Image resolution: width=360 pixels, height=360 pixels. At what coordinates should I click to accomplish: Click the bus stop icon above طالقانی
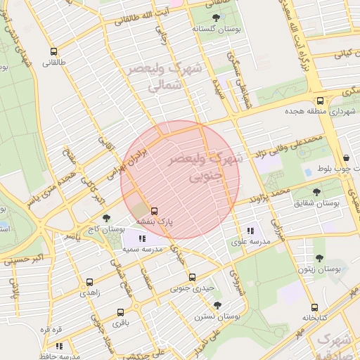(x=54, y=51)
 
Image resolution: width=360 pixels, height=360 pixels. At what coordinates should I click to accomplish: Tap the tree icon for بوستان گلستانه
(x=214, y=19)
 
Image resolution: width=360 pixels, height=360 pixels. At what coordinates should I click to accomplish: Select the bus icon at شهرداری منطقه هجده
(x=321, y=101)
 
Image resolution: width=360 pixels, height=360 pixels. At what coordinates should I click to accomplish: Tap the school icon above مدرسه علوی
(x=250, y=231)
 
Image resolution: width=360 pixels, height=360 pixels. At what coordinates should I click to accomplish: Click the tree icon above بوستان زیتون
(x=319, y=259)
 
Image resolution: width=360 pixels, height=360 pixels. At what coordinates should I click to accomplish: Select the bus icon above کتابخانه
(x=314, y=307)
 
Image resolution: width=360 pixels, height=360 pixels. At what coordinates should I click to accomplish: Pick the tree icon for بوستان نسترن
(x=217, y=305)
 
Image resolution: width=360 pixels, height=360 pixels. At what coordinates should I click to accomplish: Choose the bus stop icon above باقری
(x=120, y=312)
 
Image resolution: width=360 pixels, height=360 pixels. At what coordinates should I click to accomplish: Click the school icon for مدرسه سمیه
(x=143, y=238)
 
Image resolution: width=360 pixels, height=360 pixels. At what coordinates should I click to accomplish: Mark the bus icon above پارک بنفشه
(x=155, y=210)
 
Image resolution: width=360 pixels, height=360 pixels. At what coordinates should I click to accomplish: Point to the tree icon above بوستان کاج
(x=106, y=218)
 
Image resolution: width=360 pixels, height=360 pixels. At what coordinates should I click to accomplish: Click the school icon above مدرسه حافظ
(x=59, y=346)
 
